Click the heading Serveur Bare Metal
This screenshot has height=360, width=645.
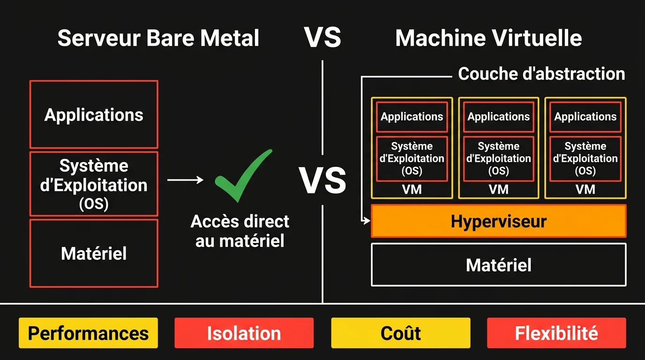pos(158,38)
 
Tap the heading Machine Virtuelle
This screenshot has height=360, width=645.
pos(488,38)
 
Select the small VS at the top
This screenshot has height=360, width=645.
pos(322,37)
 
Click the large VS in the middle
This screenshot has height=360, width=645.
pos(322,181)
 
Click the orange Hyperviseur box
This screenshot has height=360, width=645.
pos(498,221)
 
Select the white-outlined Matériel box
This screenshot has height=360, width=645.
pos(498,265)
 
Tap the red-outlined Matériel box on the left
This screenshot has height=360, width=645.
pos(94,253)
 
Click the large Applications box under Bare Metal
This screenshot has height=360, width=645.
pos(94,115)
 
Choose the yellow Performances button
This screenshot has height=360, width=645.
pos(88,333)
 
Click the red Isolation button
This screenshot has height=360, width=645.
pos(244,333)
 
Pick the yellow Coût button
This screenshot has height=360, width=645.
pos(400,333)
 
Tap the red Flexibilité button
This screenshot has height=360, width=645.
pos(556,333)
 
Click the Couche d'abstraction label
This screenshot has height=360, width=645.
pos(541,74)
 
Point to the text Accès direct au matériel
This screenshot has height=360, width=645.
pos(240,231)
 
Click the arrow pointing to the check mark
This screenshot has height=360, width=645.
pos(186,180)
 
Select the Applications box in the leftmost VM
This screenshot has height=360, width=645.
pos(412,117)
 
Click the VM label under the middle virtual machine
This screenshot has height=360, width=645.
pos(498,189)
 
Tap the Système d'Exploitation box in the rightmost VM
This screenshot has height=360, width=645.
pos(585,158)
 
